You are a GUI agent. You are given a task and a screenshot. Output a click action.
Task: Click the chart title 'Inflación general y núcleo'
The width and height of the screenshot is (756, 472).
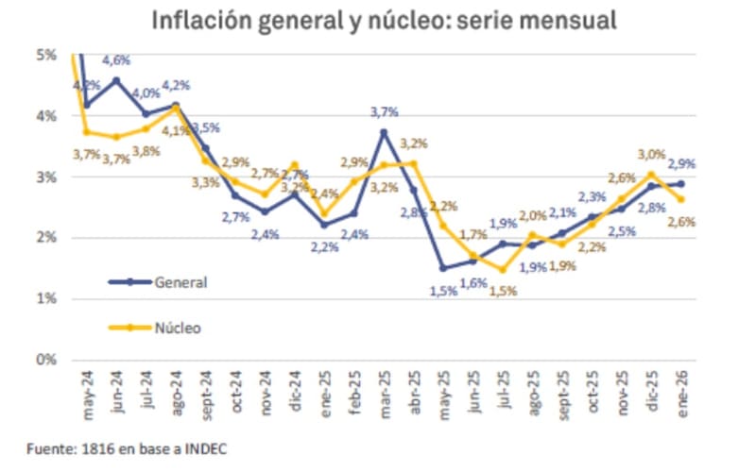(x=378, y=20)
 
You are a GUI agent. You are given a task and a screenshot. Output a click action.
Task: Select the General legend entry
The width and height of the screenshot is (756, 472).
(x=180, y=281)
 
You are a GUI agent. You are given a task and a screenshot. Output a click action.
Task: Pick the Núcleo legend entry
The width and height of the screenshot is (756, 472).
(x=177, y=328)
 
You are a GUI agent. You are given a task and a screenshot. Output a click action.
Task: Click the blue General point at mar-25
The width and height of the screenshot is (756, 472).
(x=385, y=132)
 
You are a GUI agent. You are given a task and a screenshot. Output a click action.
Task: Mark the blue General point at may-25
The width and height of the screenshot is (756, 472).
(x=443, y=268)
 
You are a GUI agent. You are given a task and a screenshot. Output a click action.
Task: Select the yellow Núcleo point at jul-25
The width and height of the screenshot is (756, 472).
(x=503, y=269)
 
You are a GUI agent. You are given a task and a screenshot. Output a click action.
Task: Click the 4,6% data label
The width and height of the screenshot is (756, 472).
(x=116, y=60)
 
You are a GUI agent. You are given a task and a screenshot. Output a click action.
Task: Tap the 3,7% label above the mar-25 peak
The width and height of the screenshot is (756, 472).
(x=386, y=112)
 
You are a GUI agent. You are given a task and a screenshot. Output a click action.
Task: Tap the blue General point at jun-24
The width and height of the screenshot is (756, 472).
(x=116, y=80)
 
